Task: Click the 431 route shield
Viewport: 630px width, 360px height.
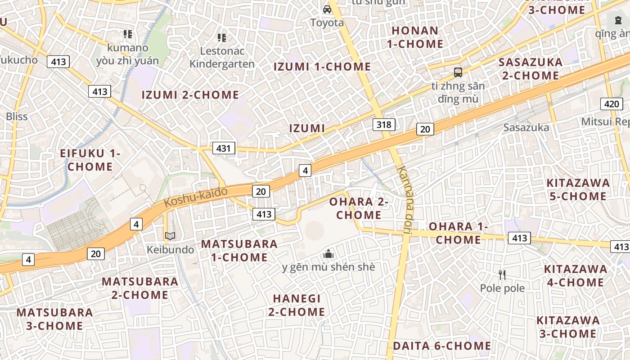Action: pyautogui.click(x=224, y=148)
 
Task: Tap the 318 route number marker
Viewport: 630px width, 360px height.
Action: pyautogui.click(x=384, y=124)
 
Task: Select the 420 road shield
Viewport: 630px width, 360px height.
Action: pyautogui.click(x=612, y=104)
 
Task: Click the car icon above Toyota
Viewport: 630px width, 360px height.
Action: pyautogui.click(x=327, y=9)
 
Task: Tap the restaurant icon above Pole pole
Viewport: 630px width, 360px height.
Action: pyautogui.click(x=502, y=274)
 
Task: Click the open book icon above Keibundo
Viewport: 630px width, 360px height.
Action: pyautogui.click(x=170, y=236)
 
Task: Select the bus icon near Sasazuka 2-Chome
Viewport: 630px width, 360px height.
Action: pyautogui.click(x=458, y=72)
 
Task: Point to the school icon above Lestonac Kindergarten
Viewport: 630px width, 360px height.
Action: pyautogui.click(x=221, y=38)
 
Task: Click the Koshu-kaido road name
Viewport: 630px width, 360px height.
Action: pyautogui.click(x=196, y=197)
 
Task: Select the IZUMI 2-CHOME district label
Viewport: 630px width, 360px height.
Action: pyautogui.click(x=190, y=95)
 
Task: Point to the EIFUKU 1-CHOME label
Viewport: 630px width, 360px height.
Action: pyautogui.click(x=90, y=160)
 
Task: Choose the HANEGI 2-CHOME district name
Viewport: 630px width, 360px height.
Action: pyautogui.click(x=297, y=305)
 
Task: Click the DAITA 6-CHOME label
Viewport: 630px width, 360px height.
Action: pyautogui.click(x=442, y=346)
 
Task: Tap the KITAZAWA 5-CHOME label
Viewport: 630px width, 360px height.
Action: pyautogui.click(x=578, y=189)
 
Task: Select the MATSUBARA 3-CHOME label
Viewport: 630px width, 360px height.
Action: pyautogui.click(x=54, y=319)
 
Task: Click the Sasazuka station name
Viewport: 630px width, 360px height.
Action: pyautogui.click(x=526, y=127)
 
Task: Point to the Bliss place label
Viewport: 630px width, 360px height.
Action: pyautogui.click(x=17, y=117)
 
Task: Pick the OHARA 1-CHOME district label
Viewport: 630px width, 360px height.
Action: pyautogui.click(x=458, y=233)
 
